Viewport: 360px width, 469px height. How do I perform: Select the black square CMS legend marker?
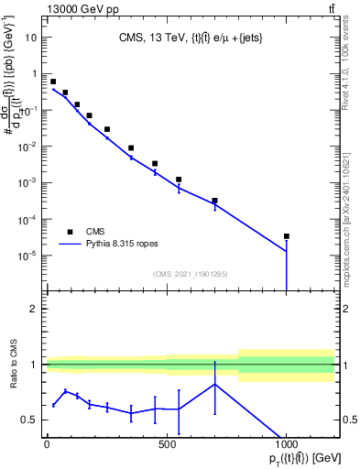pos(69,232)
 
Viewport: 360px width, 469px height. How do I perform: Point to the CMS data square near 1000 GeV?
pos(287,236)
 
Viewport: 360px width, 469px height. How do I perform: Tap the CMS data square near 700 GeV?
pos(214,201)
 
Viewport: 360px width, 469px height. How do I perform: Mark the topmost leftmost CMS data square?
pos(53,82)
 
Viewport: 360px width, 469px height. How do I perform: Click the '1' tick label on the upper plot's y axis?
pos(35,73)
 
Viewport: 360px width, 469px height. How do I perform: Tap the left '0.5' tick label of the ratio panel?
pos(30,420)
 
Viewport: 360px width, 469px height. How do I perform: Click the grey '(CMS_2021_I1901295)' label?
pos(191,274)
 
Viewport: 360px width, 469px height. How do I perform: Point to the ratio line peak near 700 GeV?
pos(214,384)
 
